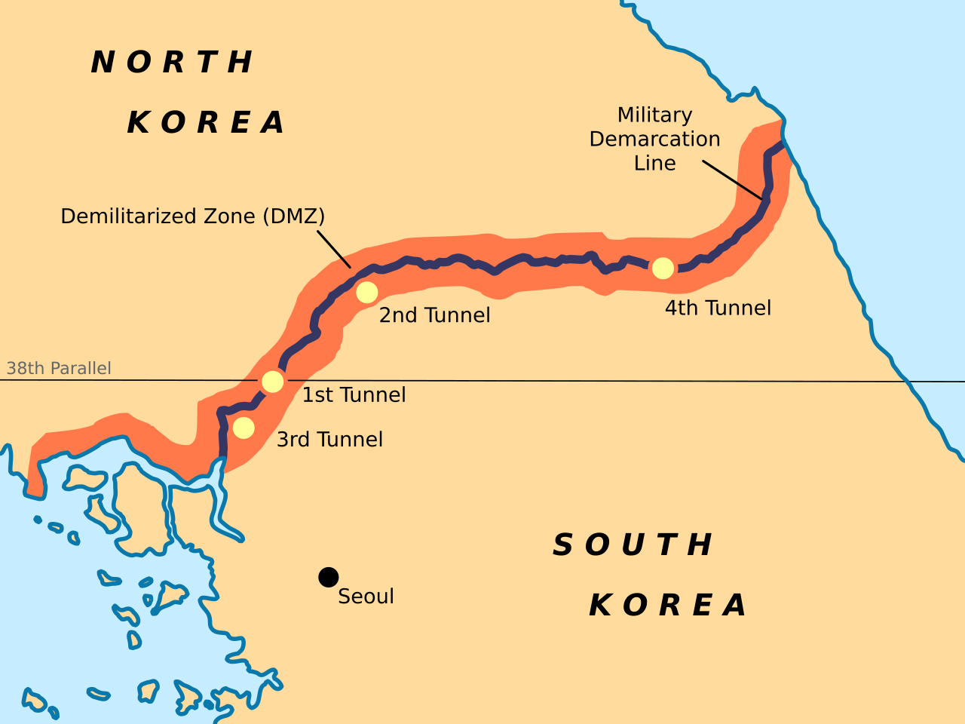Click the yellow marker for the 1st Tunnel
click(272, 382)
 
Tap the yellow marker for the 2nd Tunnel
click(366, 292)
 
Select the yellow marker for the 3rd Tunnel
click(244, 428)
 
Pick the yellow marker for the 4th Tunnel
click(663, 268)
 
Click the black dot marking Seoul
click(328, 577)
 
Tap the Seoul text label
click(366, 597)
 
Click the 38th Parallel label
click(59, 368)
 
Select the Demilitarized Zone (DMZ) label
click(192, 216)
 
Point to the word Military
click(654, 115)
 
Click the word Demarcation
click(654, 139)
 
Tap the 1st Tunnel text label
click(354, 395)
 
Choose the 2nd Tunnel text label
click(434, 315)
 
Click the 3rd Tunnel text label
click(329, 440)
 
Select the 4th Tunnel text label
click(718, 308)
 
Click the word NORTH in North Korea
click(173, 62)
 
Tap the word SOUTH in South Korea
click(633, 545)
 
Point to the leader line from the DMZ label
click(333, 249)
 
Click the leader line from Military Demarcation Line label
click(731, 179)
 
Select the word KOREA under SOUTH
click(668, 605)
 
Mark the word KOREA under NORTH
click(207, 122)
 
